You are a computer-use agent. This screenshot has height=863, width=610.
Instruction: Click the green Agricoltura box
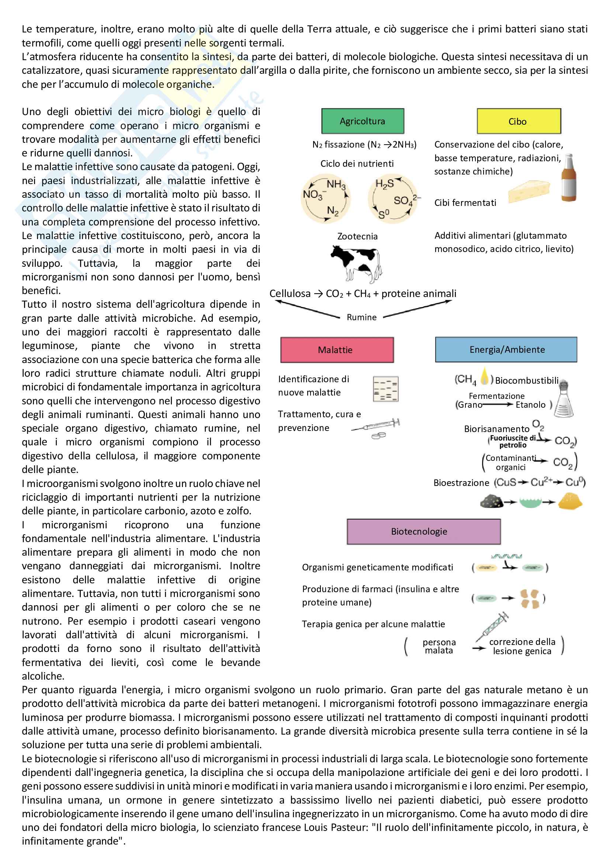click(363, 121)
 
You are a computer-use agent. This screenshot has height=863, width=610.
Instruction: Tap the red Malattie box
click(337, 349)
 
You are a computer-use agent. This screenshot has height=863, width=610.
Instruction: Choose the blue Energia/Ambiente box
click(506, 349)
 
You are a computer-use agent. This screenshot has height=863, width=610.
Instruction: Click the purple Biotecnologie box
click(423, 531)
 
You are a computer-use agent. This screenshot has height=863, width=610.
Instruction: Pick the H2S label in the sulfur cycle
click(384, 183)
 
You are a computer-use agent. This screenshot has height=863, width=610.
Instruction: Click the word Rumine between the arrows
click(361, 317)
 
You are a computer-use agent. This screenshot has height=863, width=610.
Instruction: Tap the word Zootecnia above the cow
click(357, 236)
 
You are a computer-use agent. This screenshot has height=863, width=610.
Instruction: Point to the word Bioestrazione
click(461, 483)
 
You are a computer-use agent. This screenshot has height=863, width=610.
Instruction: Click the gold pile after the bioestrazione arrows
click(570, 501)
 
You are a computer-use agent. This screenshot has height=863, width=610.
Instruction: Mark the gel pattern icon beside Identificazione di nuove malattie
click(385, 389)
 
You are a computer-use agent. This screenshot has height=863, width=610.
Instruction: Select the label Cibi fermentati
click(465, 203)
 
